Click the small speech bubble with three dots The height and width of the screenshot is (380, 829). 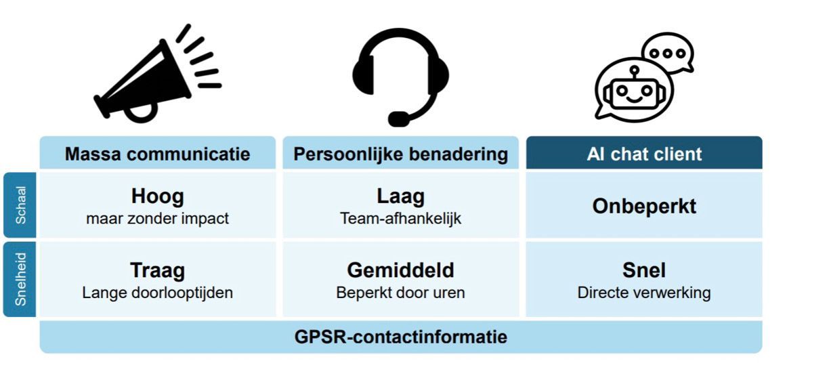668,54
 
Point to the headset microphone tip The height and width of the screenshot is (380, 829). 398,119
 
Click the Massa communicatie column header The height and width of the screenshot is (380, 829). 158,154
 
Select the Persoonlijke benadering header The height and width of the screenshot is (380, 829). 401,154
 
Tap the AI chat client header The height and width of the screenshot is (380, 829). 644,154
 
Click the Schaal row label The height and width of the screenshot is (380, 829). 20,205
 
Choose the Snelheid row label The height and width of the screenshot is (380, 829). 20,279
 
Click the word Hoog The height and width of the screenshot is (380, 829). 158,196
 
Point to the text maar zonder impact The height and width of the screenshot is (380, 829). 158,218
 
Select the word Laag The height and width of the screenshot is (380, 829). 401,196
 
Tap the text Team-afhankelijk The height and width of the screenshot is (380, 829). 401,218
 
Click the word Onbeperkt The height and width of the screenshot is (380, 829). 644,206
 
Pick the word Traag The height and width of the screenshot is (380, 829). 158,270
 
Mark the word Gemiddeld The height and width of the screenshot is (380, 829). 401,270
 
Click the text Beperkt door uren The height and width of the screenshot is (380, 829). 401,293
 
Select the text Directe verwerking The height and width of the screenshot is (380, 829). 644,293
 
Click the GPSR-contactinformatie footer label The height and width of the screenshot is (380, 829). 401,337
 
